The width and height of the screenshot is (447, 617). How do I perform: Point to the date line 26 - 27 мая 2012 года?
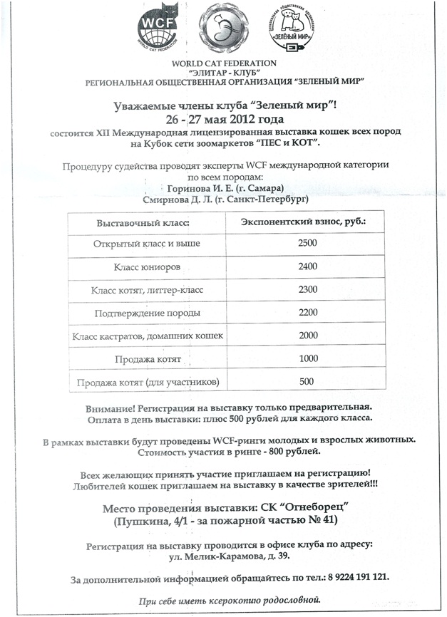[x=224, y=118]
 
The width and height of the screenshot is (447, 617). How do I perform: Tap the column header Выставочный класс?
[x=148, y=223]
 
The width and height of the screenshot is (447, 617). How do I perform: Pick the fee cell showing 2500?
[x=307, y=244]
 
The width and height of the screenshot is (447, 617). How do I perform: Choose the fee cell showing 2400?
[x=307, y=267]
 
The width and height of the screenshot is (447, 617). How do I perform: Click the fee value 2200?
[x=307, y=313]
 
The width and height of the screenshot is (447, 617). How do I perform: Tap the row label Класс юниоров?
[x=147, y=267]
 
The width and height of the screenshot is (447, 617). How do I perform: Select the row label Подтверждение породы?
[x=147, y=313]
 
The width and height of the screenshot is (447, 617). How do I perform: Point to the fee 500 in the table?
[x=307, y=382]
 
